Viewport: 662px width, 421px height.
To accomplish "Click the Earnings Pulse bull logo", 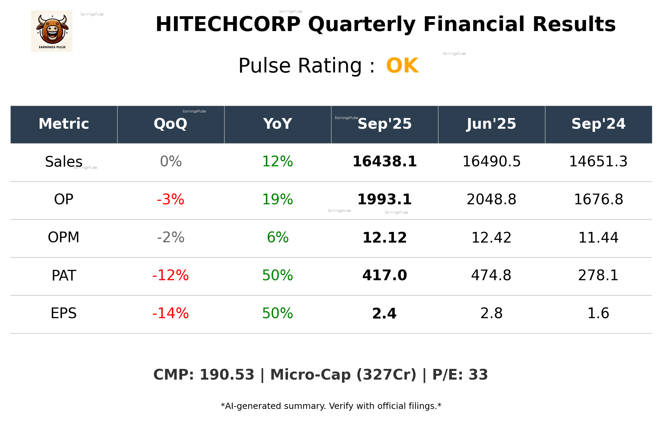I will point(52,31).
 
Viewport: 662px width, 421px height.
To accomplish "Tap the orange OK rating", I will point(402,66).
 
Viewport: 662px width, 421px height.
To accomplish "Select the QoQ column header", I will point(170,124).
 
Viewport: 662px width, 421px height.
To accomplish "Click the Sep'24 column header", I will point(598,124).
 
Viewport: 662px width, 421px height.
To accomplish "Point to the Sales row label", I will point(63,161).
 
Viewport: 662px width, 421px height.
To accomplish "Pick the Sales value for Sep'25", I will point(384,161).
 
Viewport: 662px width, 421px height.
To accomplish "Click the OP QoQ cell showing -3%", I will point(170,199).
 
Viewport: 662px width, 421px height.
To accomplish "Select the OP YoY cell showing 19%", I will point(277,199).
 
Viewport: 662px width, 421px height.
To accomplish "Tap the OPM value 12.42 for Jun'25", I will point(491,237).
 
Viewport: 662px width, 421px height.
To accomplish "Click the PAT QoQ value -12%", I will point(170,275).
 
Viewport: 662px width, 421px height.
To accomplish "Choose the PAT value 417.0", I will point(384,275).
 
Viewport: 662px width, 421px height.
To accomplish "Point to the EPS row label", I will point(63,313).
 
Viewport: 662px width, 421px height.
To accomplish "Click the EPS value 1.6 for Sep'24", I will point(598,313).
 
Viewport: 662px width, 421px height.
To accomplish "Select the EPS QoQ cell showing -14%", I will point(170,313).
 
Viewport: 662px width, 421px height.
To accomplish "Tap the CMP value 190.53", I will point(227,375).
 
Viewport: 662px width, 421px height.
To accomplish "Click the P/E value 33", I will point(478,375).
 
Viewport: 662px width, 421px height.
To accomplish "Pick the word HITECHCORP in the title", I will point(228,25).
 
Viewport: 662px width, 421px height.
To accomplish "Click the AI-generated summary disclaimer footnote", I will point(331,406).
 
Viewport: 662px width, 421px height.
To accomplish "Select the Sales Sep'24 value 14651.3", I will point(598,161).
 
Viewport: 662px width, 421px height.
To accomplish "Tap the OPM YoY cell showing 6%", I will point(277,237).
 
